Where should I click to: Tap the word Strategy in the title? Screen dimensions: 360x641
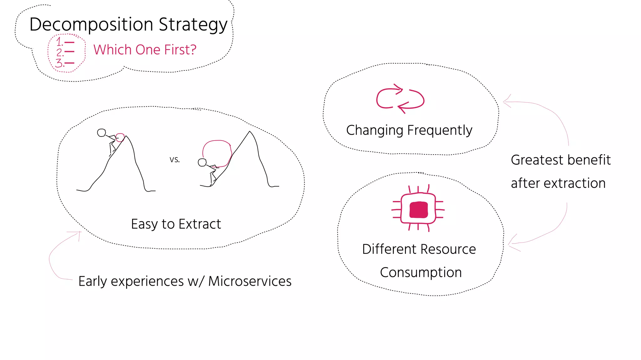point(193,24)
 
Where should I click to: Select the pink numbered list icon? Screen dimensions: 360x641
point(66,53)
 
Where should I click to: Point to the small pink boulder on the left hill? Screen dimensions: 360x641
point(120,137)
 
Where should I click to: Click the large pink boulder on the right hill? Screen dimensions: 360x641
point(217,153)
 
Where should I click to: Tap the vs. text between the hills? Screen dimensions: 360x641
point(175,160)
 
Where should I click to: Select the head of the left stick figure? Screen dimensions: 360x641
point(101,133)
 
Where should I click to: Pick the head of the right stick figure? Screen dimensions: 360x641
point(202,162)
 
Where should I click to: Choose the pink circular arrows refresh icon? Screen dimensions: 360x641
point(400,99)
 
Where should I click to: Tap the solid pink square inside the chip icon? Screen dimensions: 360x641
point(418,209)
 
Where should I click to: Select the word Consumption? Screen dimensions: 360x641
point(421,272)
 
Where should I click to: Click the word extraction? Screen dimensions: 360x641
point(574,183)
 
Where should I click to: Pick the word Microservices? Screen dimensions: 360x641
point(250,281)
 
